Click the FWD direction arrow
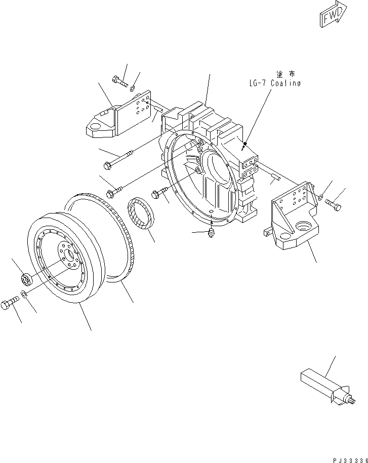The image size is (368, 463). (333, 13)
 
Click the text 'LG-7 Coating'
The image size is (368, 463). (275, 83)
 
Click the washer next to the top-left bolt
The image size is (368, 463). (132, 90)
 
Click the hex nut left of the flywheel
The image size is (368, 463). (26, 278)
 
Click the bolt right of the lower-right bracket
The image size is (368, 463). (333, 205)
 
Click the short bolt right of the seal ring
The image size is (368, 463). (158, 193)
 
